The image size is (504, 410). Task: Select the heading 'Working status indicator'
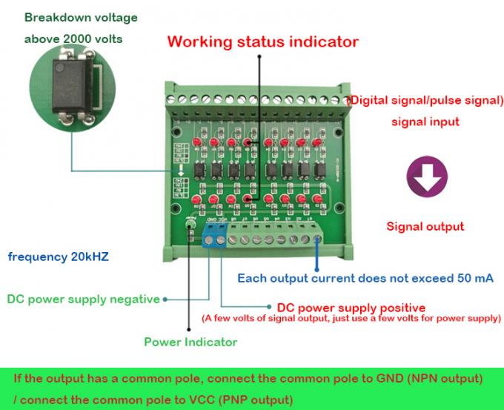click(x=262, y=41)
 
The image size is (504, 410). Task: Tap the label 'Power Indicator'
click(x=190, y=342)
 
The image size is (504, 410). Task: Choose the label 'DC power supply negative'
click(x=83, y=300)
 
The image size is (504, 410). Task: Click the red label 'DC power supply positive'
click(x=351, y=307)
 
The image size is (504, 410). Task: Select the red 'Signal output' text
click(x=425, y=227)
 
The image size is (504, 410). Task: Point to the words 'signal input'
click(x=425, y=122)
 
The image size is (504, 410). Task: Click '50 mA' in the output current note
click(x=474, y=279)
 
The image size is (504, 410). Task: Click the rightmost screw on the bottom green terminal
click(x=316, y=238)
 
